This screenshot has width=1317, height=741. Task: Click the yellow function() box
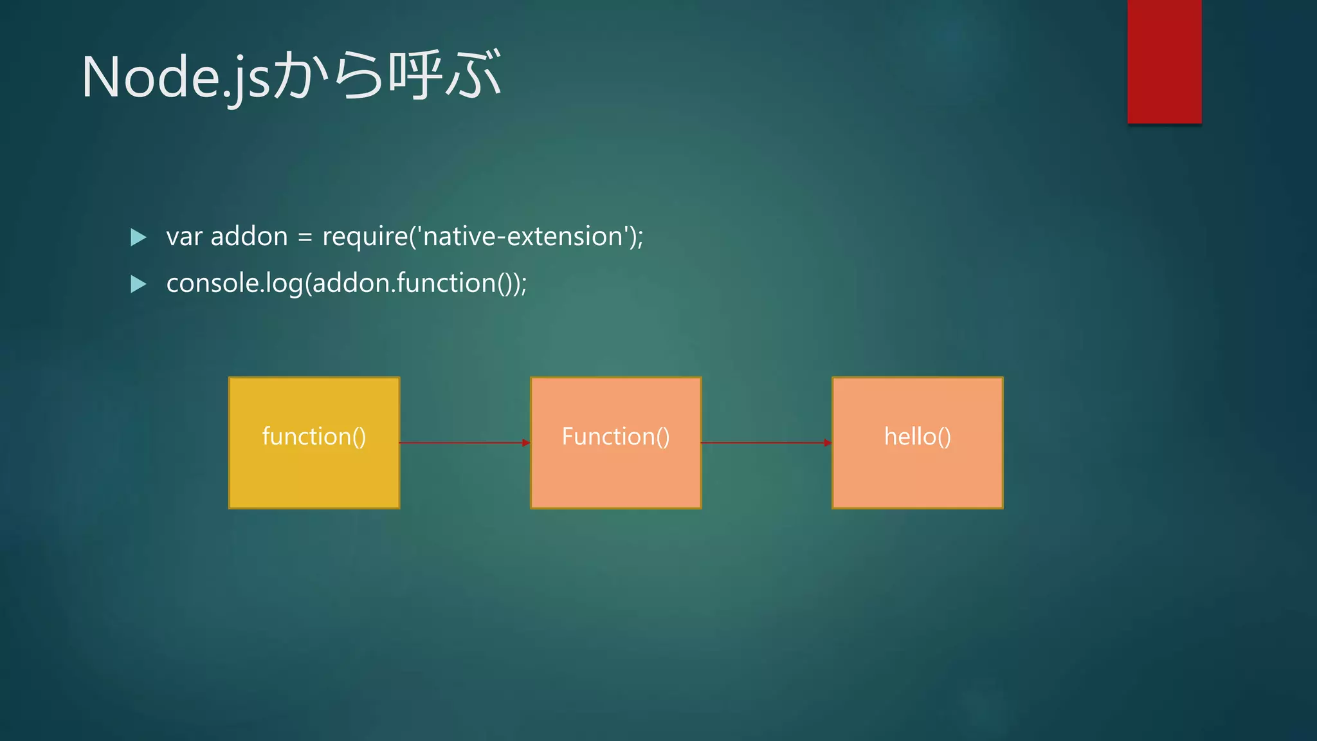click(x=314, y=443)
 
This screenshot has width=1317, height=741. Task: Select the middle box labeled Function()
click(x=615, y=443)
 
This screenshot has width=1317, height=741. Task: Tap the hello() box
click(x=917, y=443)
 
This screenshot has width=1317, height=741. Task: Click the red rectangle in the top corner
click(x=1164, y=61)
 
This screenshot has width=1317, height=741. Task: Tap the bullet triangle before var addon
click(x=138, y=237)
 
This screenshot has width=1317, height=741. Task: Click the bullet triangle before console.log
click(x=138, y=284)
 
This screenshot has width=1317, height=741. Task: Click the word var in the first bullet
click(x=184, y=237)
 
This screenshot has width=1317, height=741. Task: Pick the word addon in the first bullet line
click(x=249, y=237)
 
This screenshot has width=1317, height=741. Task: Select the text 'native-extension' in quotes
click(x=522, y=237)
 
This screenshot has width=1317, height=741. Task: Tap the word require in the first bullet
click(x=365, y=237)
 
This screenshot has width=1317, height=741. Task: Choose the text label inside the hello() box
click(x=917, y=437)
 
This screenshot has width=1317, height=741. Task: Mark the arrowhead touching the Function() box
click(x=526, y=443)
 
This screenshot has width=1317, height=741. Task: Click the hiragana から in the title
click(x=328, y=75)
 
